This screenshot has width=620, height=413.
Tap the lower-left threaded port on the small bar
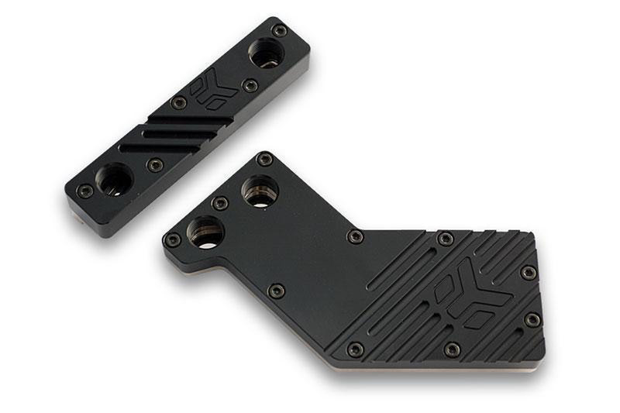click(x=114, y=180)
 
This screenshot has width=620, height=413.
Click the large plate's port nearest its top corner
click(x=260, y=191)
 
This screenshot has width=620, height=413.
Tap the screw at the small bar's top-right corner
click(x=280, y=31)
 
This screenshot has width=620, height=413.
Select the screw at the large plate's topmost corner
click(x=265, y=160)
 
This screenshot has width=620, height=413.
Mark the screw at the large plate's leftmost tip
click(x=172, y=239)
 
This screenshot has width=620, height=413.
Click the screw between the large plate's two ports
click(x=220, y=203)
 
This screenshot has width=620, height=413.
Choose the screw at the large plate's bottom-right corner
click(x=532, y=319)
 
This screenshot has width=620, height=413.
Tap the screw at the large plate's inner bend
click(x=276, y=291)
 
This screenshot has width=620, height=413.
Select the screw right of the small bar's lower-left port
click(x=155, y=165)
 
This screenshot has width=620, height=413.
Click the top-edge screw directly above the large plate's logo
click(x=445, y=239)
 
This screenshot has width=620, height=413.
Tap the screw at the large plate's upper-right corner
click(x=529, y=273)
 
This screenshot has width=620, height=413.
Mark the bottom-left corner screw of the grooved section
click(x=355, y=349)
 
